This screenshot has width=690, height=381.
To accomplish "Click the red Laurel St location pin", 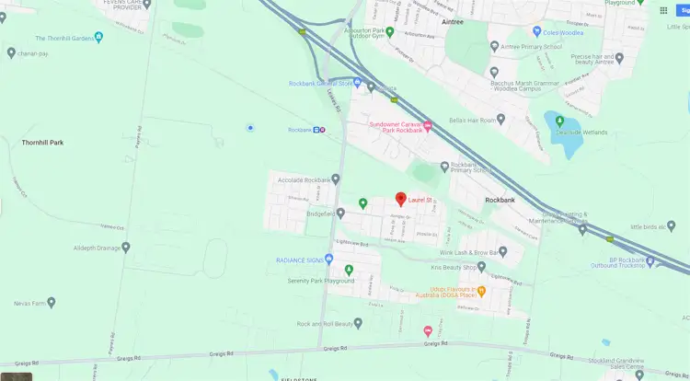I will (x=400, y=199).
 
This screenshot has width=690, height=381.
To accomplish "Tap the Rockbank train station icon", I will (x=318, y=130).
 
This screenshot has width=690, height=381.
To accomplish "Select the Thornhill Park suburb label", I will (x=43, y=143).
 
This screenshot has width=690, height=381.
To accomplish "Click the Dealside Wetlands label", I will (x=581, y=132).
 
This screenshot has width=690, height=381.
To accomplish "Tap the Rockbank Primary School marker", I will (x=443, y=167).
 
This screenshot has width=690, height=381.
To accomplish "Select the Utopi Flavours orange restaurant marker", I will (x=481, y=292).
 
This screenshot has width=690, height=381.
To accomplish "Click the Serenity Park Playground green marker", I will (x=349, y=270).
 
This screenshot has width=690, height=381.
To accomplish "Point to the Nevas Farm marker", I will (x=52, y=302).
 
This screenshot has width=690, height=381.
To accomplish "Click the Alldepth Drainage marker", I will (x=126, y=248).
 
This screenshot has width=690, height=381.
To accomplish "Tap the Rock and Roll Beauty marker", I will (x=359, y=323).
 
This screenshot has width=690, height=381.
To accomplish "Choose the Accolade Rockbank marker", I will (x=336, y=179).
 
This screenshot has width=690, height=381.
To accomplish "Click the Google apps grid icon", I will (x=663, y=10).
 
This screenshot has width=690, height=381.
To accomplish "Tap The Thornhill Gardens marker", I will (x=98, y=38).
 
